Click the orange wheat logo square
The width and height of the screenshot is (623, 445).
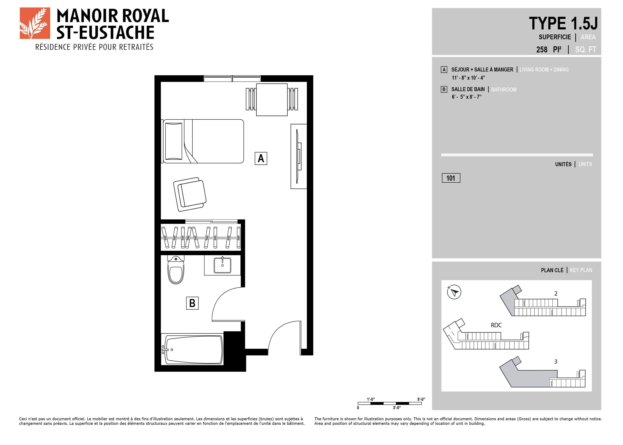coord(35,23)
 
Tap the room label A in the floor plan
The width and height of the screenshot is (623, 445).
coord(261,158)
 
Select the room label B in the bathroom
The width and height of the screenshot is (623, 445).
coord(192,303)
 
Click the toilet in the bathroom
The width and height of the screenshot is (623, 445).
coord(176,270)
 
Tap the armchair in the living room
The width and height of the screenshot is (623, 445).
coord(190,194)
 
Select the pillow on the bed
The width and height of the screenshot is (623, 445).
coord(174,141)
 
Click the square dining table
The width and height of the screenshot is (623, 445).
coord(272,100)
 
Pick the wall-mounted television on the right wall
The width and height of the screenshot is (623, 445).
coord(299,156)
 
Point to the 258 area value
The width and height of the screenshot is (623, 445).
coord(542,50)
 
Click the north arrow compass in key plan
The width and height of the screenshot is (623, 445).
coord(454,292)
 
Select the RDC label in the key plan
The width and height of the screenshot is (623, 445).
coord(496,325)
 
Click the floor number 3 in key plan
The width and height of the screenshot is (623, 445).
coord(556,362)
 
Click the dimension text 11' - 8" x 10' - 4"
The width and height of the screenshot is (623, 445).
coord(468,78)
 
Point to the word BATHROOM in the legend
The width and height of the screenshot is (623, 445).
coord(504,90)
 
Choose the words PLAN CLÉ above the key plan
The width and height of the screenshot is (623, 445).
coord(552,270)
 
